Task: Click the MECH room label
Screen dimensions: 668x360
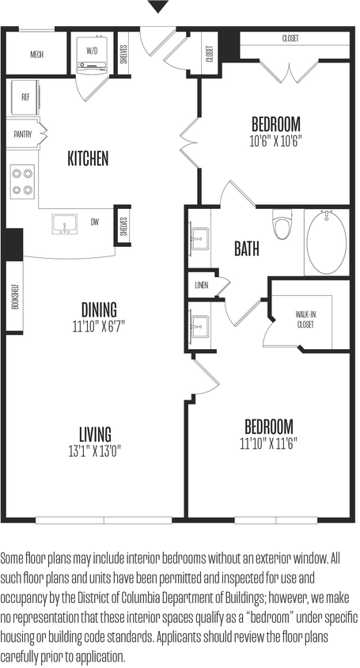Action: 36,55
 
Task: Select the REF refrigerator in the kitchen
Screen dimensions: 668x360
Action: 25,101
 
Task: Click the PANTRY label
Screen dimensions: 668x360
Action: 22,135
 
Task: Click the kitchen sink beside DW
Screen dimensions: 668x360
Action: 64,225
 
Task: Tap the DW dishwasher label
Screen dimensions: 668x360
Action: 95,222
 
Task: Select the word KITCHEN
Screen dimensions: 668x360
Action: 88,159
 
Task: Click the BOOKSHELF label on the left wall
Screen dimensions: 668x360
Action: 15,295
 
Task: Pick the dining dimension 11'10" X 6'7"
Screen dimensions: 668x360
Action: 98,325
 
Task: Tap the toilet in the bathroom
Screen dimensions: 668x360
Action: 281,224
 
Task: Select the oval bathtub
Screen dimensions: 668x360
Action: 326,241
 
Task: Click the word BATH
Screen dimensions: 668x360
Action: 247,249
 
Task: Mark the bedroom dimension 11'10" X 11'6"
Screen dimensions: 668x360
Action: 268,442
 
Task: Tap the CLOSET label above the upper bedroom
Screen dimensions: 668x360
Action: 290,39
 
